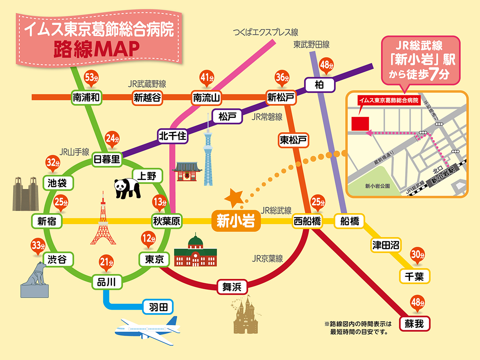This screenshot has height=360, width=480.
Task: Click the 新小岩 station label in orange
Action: pyautogui.click(x=236, y=221)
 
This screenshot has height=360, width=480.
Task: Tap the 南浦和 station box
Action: pyautogui.click(x=86, y=97)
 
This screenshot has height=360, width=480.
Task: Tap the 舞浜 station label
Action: pyautogui.click(x=232, y=287)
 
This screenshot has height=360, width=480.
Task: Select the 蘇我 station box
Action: pyautogui.click(x=416, y=323)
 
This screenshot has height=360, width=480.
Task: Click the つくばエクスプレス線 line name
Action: pyautogui.click(x=266, y=32)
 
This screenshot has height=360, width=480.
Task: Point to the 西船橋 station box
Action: pyautogui.click(x=307, y=221)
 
